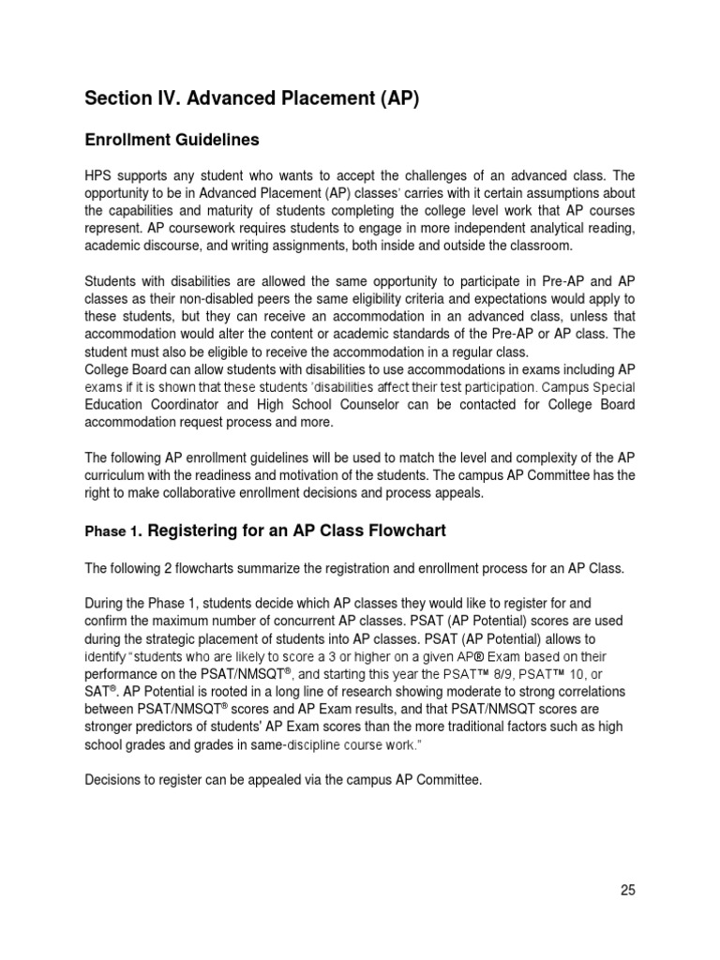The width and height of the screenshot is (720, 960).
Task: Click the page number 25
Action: point(627,891)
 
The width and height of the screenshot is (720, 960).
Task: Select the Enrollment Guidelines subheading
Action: point(172,140)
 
